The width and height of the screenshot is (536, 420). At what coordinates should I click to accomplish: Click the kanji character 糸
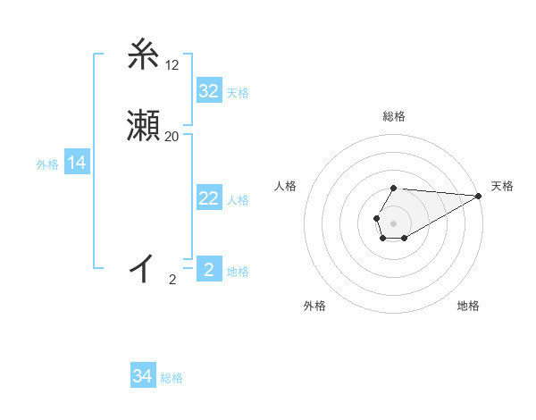tap(143, 55)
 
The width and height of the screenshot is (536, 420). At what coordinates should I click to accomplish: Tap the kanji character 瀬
tap(143, 127)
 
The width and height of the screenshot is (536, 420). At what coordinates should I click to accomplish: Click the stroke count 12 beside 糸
tap(172, 65)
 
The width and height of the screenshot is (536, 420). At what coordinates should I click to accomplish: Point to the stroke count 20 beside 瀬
tap(172, 137)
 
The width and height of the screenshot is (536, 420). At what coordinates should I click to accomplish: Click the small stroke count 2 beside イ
tap(172, 280)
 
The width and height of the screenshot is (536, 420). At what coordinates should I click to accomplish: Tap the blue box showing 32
tap(208, 91)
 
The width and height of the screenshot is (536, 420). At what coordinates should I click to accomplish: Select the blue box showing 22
tap(208, 198)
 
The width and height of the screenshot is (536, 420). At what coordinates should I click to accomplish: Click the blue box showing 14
tap(77, 163)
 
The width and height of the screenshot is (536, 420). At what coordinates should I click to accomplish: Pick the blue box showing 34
tap(143, 376)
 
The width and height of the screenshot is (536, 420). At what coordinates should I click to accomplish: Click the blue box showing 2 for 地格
tap(208, 270)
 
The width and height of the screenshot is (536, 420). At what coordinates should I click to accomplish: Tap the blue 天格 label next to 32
tap(238, 93)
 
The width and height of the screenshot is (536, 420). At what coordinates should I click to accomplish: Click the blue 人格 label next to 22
tap(238, 200)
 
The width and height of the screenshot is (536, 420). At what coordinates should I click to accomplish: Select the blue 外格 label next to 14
tap(47, 164)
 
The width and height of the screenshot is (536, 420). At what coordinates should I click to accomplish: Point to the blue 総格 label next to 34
tap(172, 378)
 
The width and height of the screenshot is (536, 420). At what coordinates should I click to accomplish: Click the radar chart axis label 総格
tap(394, 117)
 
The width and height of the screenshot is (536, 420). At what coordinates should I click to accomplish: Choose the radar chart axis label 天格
tap(502, 186)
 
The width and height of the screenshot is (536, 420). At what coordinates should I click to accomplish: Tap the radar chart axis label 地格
tap(468, 307)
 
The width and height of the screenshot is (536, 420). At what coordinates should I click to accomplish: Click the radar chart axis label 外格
tap(314, 307)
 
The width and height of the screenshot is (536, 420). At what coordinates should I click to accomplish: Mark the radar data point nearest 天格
tap(478, 196)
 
